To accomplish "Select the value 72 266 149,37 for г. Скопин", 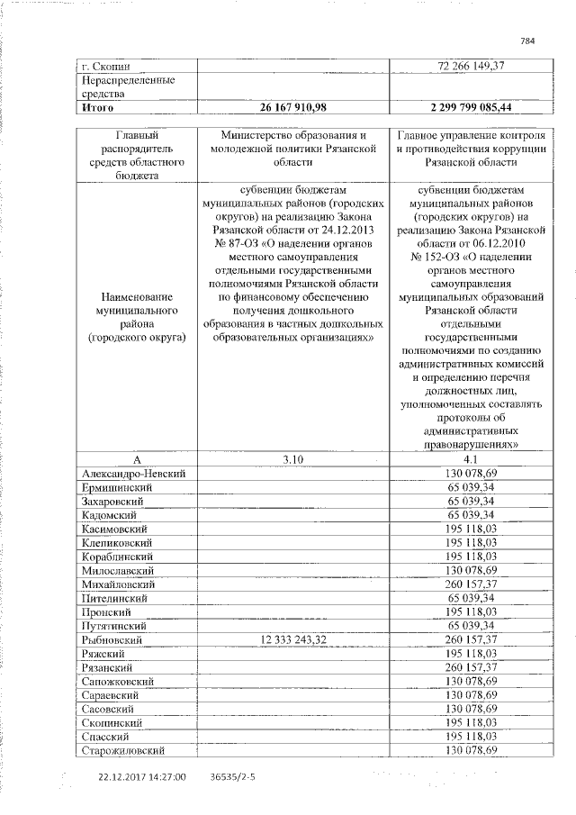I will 471,67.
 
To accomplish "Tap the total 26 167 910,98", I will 292,108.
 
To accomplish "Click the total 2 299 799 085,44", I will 471,108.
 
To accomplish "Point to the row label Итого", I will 97,108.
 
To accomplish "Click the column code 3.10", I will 293,459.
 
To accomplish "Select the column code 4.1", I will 471,459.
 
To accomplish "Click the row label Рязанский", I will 108,667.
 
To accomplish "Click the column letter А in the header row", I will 136,459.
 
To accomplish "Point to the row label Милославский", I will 118,570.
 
